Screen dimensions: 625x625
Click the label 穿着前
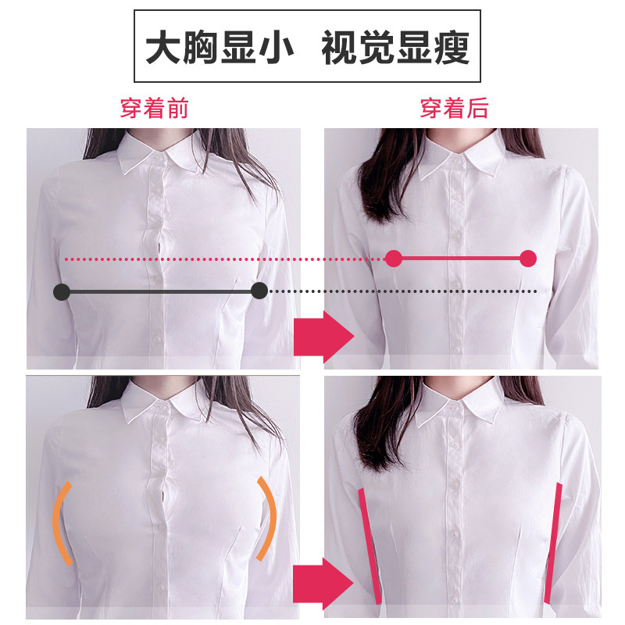tap(154, 108)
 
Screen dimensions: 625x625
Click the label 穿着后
tap(454, 108)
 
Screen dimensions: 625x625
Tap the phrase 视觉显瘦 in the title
tap(395, 48)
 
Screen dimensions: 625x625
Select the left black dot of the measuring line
tap(61, 292)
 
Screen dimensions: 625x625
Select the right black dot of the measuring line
tap(259, 291)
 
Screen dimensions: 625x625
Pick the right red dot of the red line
tap(528, 258)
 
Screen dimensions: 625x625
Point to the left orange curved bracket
tap(59, 522)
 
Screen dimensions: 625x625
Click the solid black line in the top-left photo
tap(160, 292)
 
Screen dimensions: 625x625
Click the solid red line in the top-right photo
tap(461, 258)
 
